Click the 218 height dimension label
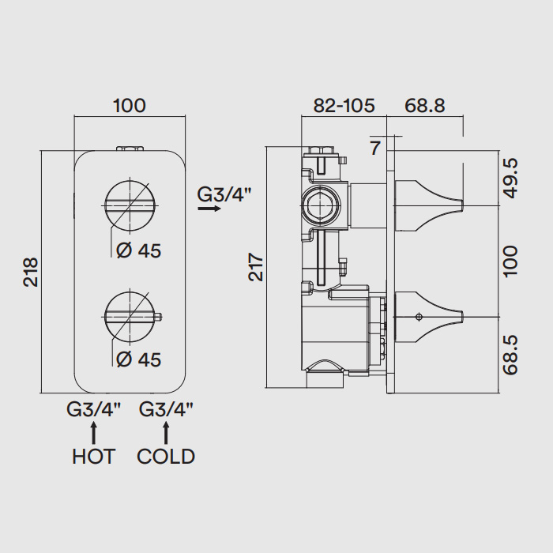(x=31, y=272)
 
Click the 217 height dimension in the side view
(x=256, y=267)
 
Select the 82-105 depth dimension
(x=344, y=105)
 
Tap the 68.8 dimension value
(x=425, y=105)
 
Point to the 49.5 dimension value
(x=510, y=178)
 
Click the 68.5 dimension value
(x=510, y=355)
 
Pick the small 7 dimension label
(x=375, y=149)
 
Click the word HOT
(x=93, y=457)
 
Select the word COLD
(x=166, y=457)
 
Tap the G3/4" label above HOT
(x=93, y=410)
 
